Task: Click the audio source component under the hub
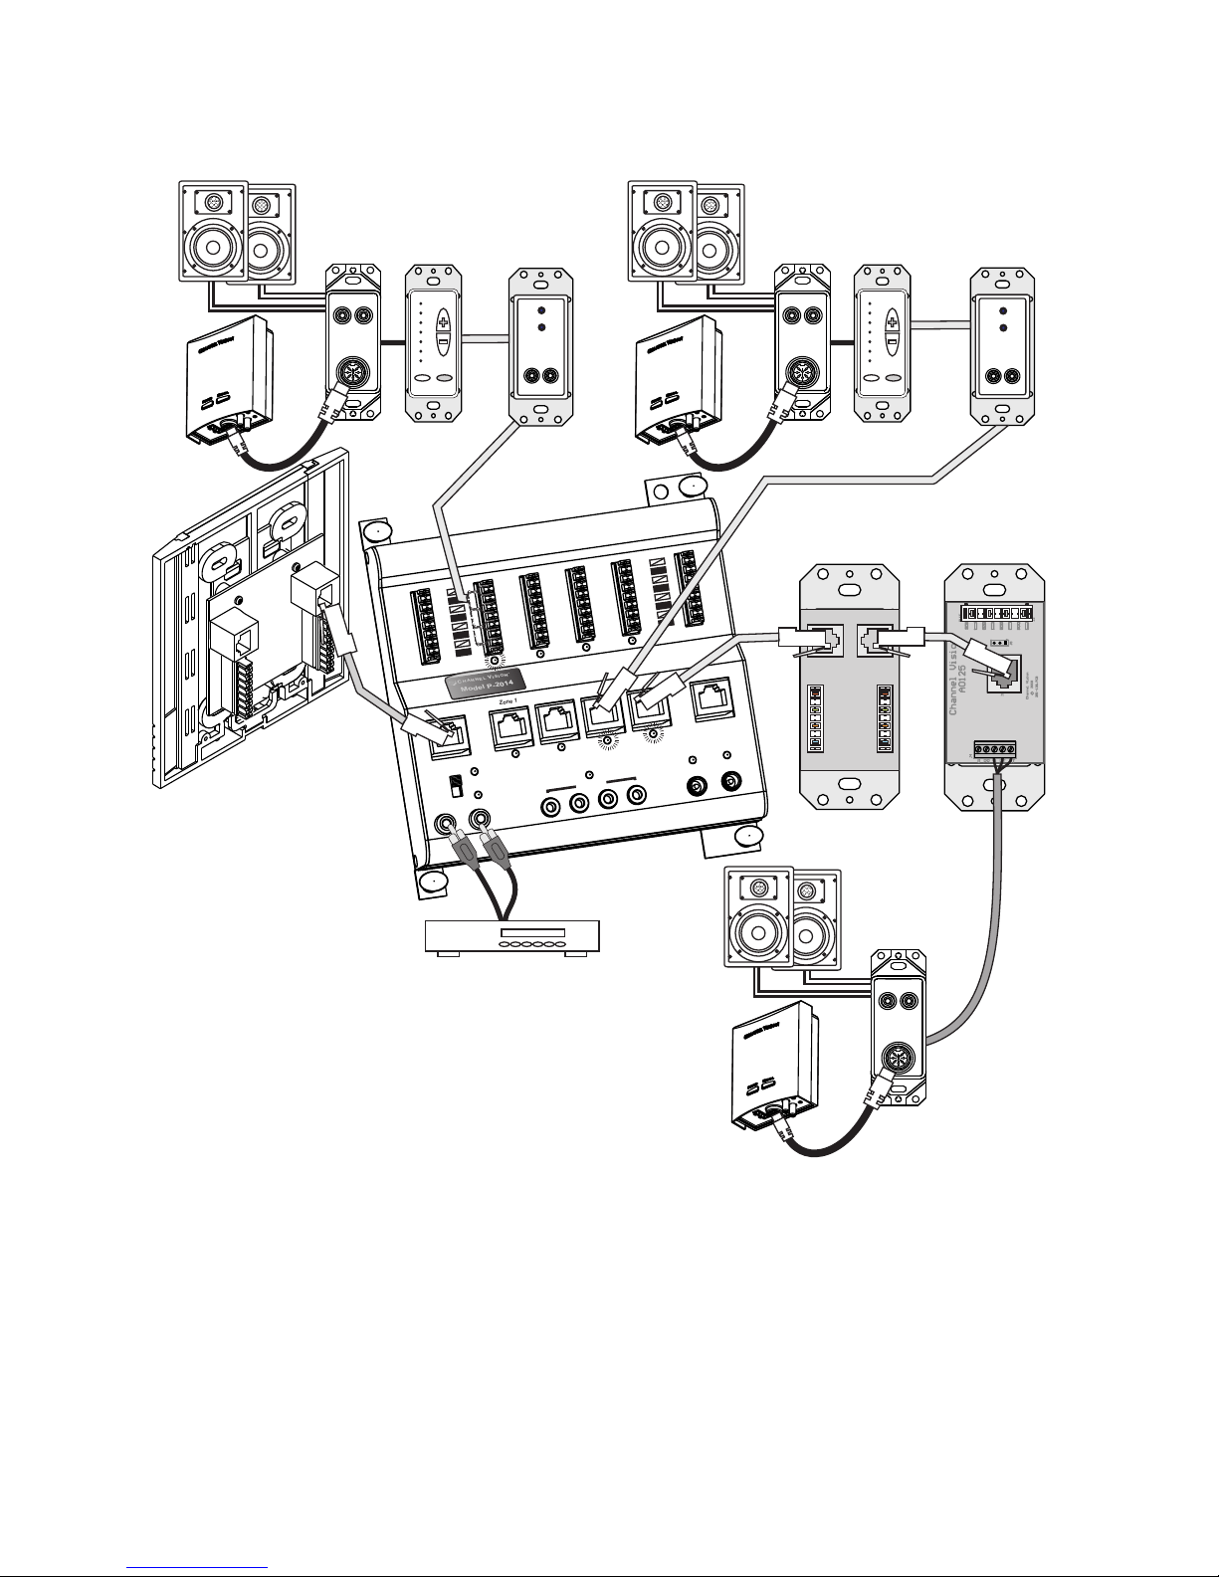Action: coord(511,936)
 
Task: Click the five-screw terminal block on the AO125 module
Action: coord(998,749)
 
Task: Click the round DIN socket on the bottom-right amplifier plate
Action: coord(899,1065)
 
